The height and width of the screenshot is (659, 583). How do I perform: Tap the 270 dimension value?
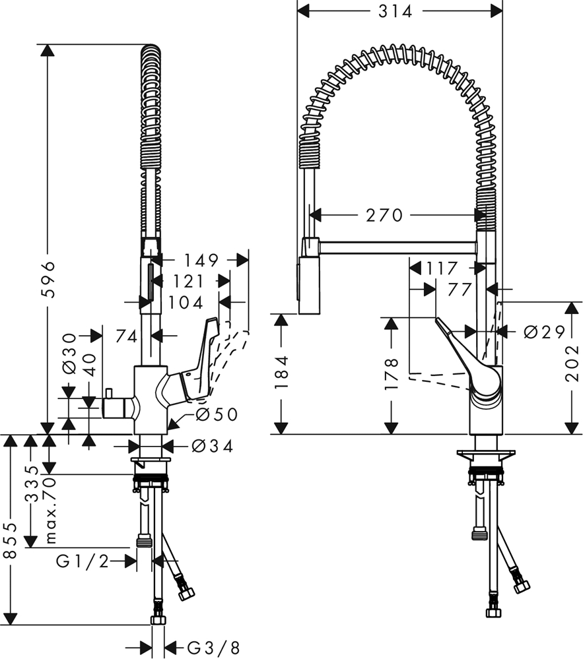click(x=384, y=215)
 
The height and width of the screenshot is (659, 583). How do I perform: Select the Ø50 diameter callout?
click(x=216, y=415)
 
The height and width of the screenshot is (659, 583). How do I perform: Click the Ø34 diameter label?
click(x=212, y=446)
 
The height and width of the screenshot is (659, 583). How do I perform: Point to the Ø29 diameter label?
click(x=545, y=332)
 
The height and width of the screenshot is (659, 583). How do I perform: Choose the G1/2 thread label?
click(x=82, y=561)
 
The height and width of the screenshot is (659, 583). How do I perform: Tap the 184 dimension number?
click(x=281, y=373)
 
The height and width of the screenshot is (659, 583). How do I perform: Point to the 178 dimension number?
click(x=391, y=373)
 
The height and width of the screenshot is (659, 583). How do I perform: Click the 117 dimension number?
click(x=442, y=268)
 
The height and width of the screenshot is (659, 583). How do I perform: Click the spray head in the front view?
click(x=308, y=284)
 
